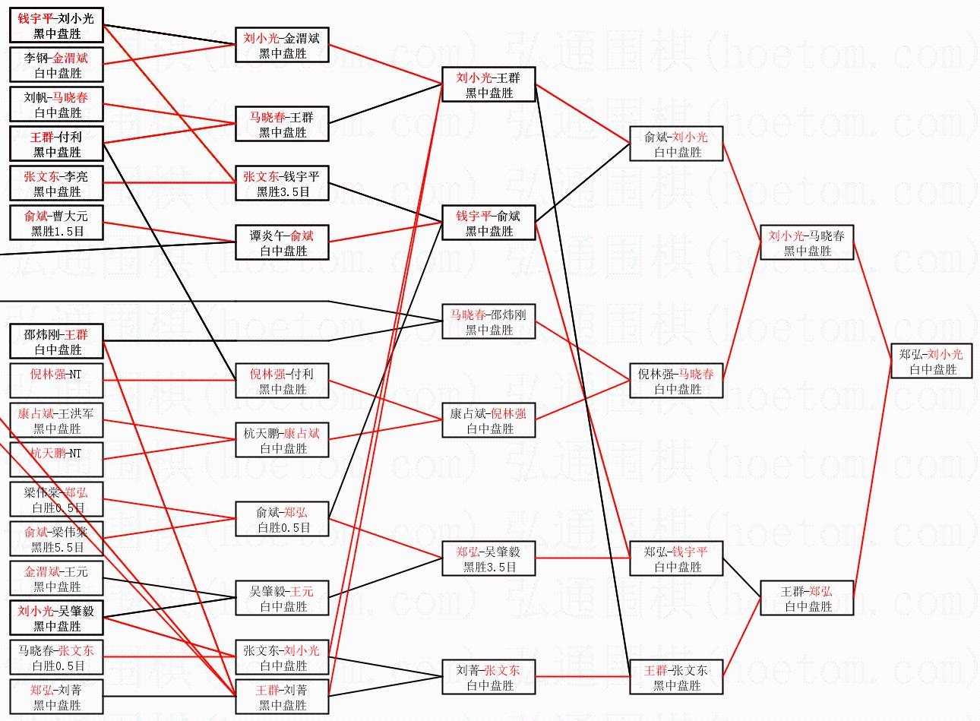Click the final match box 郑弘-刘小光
point(930,362)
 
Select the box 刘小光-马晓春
point(806,243)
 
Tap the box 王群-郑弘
point(806,599)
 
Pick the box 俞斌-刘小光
point(676,144)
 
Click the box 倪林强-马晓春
point(676,381)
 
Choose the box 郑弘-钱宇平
point(676,559)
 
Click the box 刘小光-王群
point(488,85)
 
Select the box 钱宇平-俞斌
point(488,223)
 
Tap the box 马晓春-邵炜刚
point(488,322)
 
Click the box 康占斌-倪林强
point(488,421)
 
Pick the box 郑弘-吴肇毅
point(488,559)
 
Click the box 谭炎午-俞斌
point(282,243)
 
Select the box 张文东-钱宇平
point(282,184)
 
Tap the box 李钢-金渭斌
point(56,65)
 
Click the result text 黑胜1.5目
point(57,232)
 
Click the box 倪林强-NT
point(56,381)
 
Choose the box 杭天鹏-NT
point(56,460)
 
